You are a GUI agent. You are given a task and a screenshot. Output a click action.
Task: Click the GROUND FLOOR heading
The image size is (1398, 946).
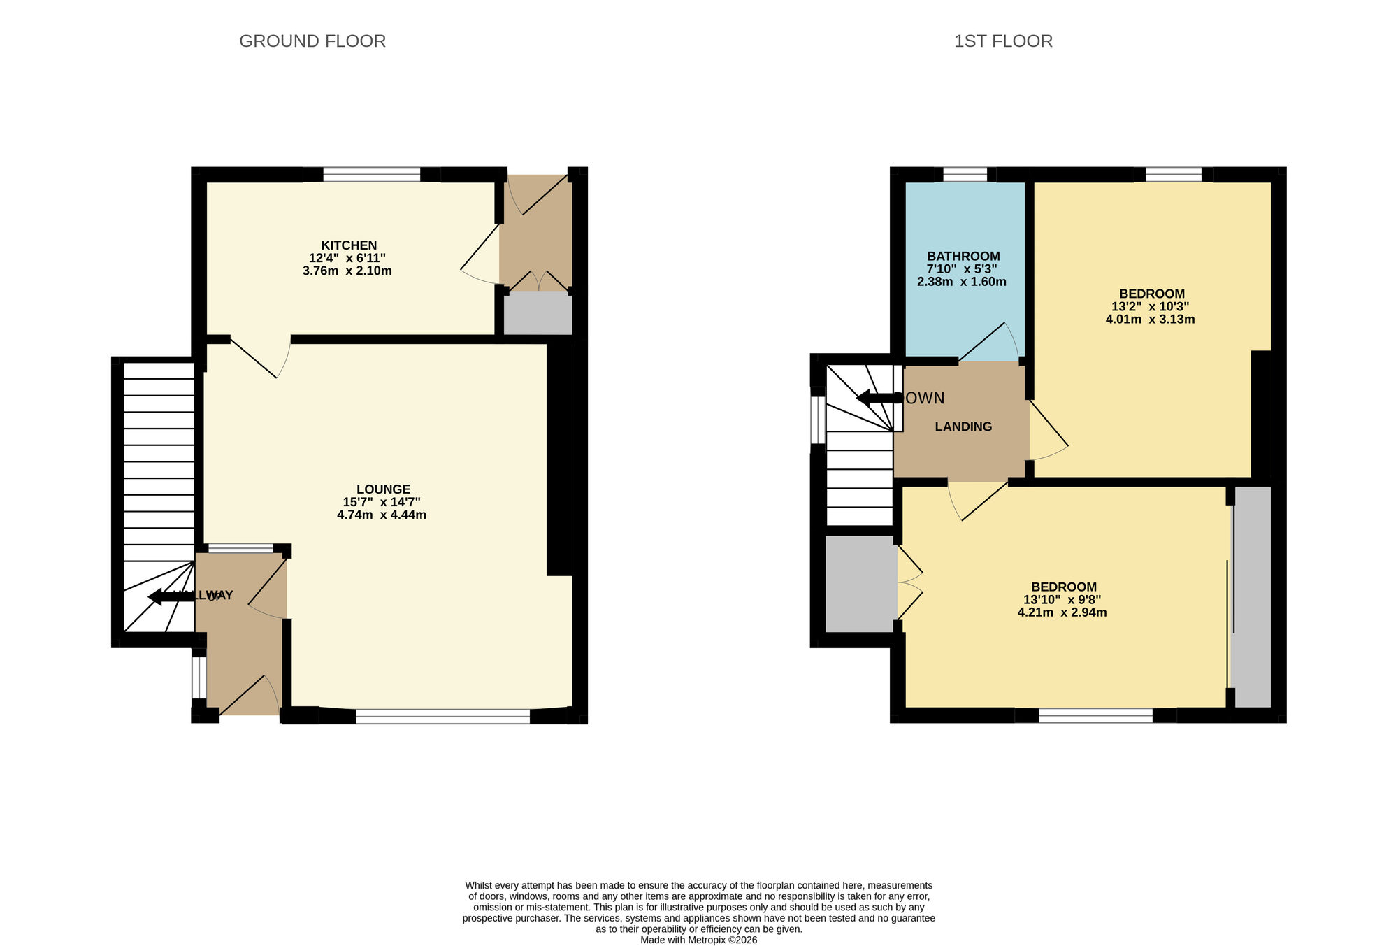coord(312,41)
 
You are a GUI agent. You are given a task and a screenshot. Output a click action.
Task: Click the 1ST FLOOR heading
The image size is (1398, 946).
coord(1003,41)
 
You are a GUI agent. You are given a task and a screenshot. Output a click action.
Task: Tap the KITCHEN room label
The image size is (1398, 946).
coord(349,245)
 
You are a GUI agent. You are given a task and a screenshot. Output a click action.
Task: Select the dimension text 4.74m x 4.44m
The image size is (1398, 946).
coord(381,515)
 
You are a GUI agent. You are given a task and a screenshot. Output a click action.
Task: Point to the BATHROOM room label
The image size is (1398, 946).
coord(963,257)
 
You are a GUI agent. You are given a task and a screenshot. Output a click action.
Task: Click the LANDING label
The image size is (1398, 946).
coord(963,427)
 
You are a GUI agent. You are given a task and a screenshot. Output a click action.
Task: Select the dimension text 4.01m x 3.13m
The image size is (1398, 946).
coord(1150,320)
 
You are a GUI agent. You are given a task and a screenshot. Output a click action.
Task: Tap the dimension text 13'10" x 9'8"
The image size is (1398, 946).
coord(1062,600)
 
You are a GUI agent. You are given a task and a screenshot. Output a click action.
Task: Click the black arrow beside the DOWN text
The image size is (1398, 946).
coord(878,398)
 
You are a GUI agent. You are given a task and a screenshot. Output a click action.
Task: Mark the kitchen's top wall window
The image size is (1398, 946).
coord(371,174)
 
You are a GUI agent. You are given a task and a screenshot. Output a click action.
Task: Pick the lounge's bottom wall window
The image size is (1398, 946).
coord(442,716)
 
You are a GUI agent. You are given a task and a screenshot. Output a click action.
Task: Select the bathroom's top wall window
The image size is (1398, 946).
coord(965,174)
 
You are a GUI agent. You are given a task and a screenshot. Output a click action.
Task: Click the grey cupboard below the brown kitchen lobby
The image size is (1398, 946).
coord(538,315)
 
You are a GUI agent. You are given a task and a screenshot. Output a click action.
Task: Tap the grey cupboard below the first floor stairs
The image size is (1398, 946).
coord(860,584)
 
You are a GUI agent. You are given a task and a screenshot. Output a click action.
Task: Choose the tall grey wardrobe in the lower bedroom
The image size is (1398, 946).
coord(1251,596)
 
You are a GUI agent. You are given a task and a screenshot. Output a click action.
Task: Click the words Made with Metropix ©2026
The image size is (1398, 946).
coord(698,940)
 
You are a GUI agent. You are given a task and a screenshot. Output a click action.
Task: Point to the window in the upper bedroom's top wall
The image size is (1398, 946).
coord(1173,174)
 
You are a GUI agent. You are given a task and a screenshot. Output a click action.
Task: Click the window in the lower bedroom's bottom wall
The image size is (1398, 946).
coord(1095,715)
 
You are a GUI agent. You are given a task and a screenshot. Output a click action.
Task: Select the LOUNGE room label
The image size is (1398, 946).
coord(383,489)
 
